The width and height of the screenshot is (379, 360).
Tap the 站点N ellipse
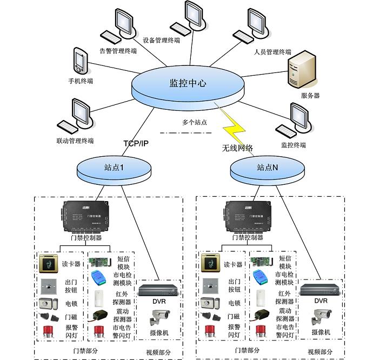pyautogui.click(x=267, y=168)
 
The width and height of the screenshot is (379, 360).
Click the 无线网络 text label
pyautogui.click(x=237, y=148)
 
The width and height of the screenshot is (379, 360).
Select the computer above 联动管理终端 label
pyautogui.click(x=76, y=116)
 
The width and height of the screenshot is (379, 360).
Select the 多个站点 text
pyautogui.click(x=195, y=123)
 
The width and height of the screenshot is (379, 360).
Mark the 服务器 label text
pyautogui.click(x=310, y=96)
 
